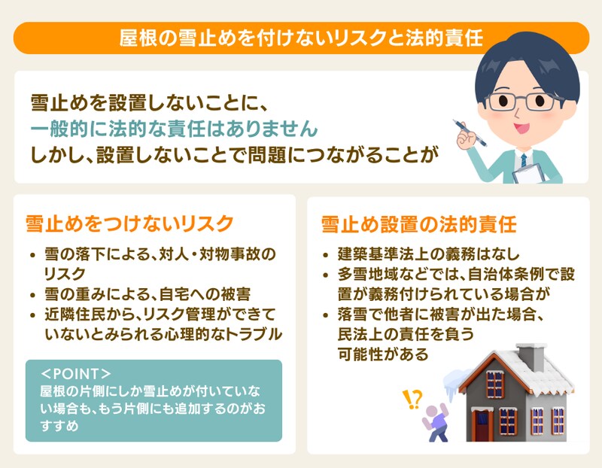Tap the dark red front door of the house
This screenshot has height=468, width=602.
[482, 424]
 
